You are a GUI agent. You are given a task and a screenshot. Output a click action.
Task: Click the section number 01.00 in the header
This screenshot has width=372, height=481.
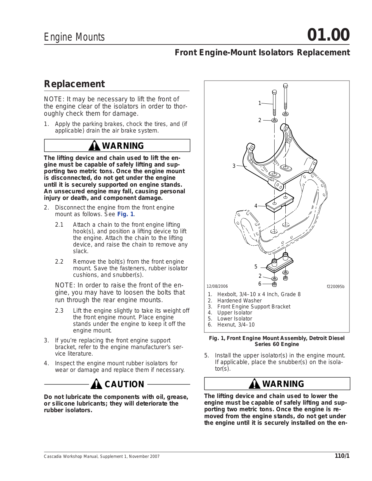[x=328, y=35]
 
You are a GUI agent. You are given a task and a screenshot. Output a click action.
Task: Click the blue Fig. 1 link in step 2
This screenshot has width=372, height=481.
[x=125, y=214]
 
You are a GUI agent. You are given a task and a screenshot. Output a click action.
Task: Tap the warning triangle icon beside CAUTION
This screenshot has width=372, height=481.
[x=96, y=384]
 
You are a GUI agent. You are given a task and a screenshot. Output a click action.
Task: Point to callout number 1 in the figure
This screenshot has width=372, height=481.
[x=260, y=103]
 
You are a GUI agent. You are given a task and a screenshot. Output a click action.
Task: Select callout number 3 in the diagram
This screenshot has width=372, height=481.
[x=234, y=166]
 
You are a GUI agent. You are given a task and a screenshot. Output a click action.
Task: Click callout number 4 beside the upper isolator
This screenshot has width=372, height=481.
[x=256, y=206]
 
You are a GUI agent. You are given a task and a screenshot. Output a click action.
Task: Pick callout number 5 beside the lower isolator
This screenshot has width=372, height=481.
[x=256, y=267]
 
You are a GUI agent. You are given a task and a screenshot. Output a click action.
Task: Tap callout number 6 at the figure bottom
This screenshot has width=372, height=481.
[x=260, y=284]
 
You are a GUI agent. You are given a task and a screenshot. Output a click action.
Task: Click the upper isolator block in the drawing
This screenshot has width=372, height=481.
[x=280, y=202]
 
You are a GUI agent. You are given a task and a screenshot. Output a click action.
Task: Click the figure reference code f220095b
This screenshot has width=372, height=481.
[x=336, y=286]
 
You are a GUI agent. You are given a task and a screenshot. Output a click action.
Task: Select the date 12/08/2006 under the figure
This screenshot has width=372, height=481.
[x=217, y=286]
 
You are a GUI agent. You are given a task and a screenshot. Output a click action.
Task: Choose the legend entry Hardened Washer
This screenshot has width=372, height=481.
[x=239, y=301]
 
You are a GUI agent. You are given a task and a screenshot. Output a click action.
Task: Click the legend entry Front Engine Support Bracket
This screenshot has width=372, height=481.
[x=254, y=307]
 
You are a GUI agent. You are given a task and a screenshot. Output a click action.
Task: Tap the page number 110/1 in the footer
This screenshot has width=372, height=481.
[x=342, y=456]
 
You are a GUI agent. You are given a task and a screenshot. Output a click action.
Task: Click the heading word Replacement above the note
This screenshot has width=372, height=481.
[x=74, y=84]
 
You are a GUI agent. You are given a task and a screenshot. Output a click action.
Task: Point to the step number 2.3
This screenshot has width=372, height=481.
[x=59, y=311]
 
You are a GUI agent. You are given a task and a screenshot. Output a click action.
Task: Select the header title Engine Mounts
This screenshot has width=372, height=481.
[x=74, y=37]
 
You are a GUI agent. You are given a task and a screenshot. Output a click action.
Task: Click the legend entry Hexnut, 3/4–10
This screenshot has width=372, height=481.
[x=236, y=325]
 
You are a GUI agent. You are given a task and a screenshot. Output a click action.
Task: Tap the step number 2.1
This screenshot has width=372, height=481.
[x=59, y=225]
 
